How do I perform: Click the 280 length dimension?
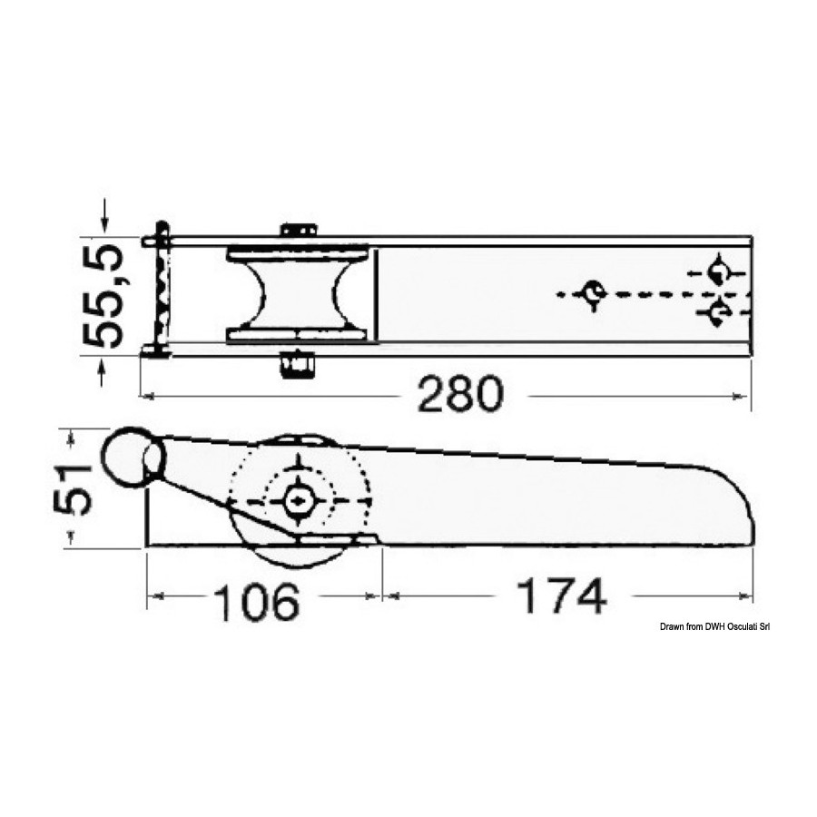(461, 395)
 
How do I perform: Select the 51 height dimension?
(73, 488)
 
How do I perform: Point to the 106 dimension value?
(258, 603)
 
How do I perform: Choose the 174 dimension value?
(561, 596)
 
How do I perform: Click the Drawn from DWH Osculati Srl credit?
(715, 626)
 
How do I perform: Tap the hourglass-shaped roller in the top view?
(298, 295)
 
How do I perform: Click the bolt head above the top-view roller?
(299, 230)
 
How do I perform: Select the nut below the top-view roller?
(298, 365)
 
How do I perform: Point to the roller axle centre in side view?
(299, 501)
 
